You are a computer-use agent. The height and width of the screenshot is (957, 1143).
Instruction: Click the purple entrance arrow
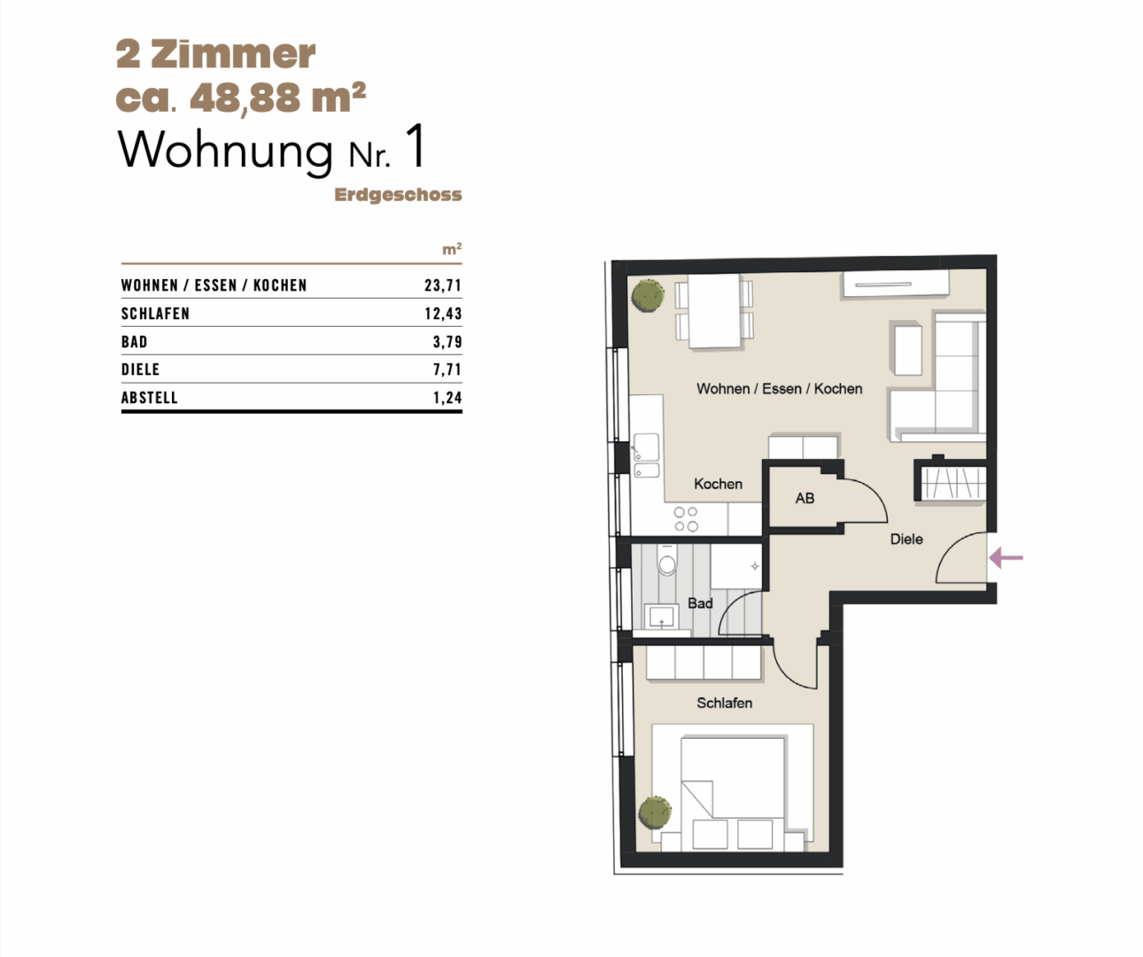coord(1007,558)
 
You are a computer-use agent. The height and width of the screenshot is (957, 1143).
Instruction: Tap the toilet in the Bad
coord(667,560)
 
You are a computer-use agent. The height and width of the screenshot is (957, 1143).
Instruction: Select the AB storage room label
coord(805,498)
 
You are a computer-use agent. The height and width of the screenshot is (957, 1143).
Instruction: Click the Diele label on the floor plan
coord(906,540)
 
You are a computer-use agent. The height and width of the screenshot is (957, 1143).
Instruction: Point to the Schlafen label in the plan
coord(724,703)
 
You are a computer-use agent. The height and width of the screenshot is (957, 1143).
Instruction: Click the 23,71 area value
coord(443,285)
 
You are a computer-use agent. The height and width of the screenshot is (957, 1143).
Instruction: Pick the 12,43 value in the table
coord(443,314)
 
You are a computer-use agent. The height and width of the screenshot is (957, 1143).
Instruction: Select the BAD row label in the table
coord(135,342)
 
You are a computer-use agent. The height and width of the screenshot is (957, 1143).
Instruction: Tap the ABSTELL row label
coord(150,398)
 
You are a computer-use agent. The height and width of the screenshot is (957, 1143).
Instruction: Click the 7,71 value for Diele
coord(447,370)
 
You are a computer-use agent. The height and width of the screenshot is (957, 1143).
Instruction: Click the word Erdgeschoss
coord(398,195)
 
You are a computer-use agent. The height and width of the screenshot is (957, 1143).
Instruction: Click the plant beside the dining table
coord(648,296)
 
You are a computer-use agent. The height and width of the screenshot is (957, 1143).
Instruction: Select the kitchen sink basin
coord(647,447)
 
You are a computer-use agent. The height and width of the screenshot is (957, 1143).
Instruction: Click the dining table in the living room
coord(714,310)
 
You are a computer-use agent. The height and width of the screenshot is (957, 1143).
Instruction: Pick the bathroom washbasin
coord(661,617)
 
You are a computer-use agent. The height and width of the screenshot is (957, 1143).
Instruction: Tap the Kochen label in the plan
coord(719,484)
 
